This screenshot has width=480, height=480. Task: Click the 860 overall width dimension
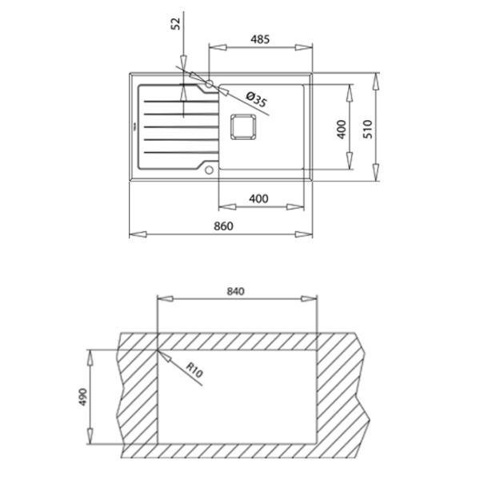pyautogui.click(x=223, y=226)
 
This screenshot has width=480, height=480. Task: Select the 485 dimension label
pyautogui.click(x=260, y=39)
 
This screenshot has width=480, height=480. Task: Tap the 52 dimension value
pyautogui.click(x=176, y=23)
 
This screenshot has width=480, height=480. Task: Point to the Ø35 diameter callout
pyautogui.click(x=257, y=99)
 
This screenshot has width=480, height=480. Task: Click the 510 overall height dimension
pyautogui.click(x=368, y=129)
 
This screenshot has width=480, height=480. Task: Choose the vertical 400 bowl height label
pyautogui.click(x=341, y=130)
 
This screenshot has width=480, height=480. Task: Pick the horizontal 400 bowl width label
pyautogui.click(x=258, y=199)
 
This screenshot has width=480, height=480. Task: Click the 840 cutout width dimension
pyautogui.click(x=236, y=291)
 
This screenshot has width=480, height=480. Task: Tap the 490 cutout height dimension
pyautogui.click(x=83, y=397)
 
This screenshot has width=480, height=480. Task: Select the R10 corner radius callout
pyautogui.click(x=194, y=370)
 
